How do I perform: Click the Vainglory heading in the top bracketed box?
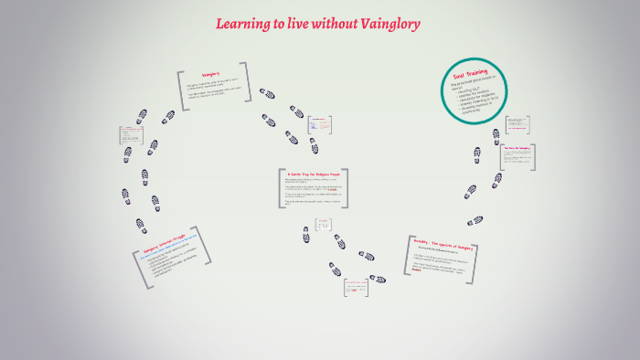[x=211, y=76]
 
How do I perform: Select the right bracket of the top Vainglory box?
[x=246, y=81]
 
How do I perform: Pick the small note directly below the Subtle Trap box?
[x=323, y=224]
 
